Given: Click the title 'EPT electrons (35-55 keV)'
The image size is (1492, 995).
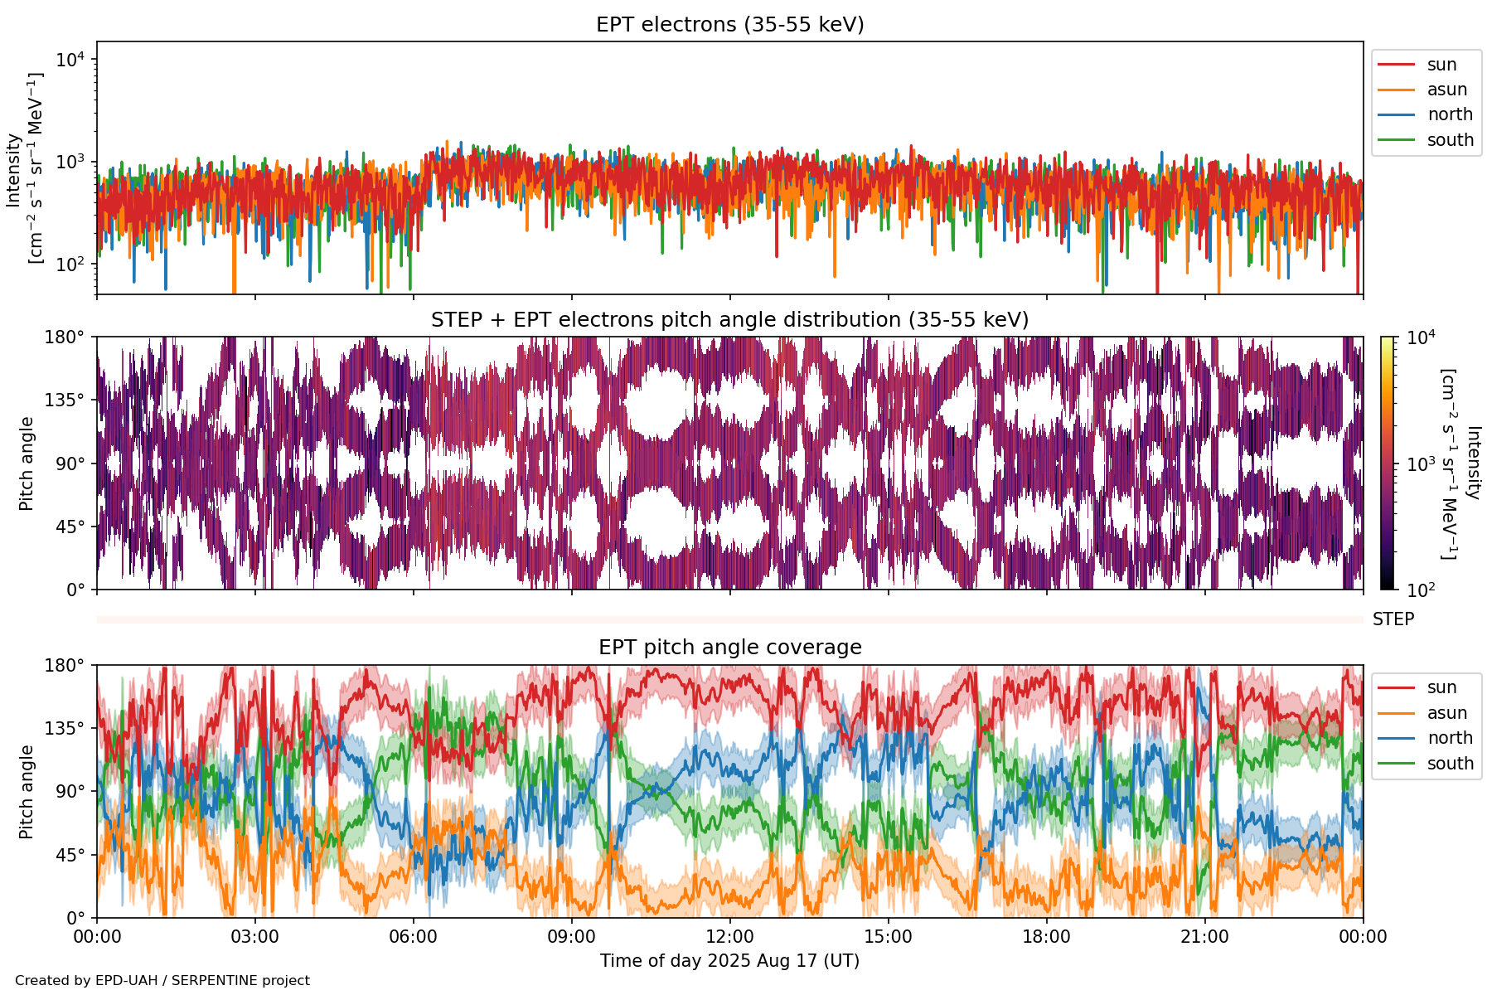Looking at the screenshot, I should click(x=729, y=25).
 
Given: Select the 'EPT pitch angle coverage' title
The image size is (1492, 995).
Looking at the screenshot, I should click(x=729, y=648).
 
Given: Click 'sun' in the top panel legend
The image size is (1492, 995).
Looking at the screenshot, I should click(x=1441, y=65).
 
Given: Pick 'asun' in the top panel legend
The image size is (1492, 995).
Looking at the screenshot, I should click(x=1446, y=90).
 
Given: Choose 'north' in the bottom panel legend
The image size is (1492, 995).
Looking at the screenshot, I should click(x=1450, y=738).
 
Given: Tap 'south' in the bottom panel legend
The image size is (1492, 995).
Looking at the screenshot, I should click(x=1450, y=764).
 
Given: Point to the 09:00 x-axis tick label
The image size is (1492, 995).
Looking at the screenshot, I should click(x=571, y=937).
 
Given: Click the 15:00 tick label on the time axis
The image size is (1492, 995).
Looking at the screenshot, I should click(x=888, y=937).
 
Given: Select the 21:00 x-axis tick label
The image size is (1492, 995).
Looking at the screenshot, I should click(x=1204, y=937).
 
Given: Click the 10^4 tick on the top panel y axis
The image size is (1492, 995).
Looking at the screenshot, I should click(x=70, y=60).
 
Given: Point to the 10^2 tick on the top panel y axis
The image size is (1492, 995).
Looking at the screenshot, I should click(x=70, y=265).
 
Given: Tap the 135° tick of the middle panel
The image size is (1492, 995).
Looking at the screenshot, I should click(x=65, y=400).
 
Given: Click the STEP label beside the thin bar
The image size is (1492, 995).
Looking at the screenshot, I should click(x=1393, y=619).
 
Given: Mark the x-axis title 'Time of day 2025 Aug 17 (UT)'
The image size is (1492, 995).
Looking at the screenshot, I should click(x=729, y=961).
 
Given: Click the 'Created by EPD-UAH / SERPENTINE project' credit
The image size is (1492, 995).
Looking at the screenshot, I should click(x=162, y=981).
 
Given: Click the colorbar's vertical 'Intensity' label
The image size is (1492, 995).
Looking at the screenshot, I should click(x=1472, y=463).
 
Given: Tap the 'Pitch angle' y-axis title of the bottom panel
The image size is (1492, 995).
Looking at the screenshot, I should click(x=27, y=791).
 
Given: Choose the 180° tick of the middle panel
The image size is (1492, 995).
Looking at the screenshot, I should click(x=65, y=337).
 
